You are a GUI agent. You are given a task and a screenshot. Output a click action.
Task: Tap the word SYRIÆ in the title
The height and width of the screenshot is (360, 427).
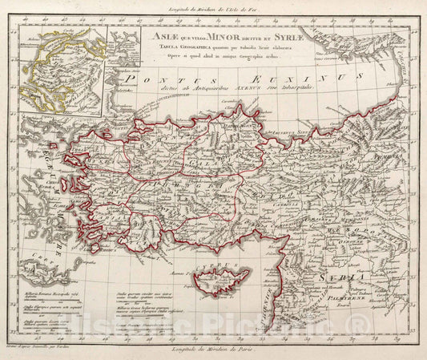pyautogui.click(x=272, y=36)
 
